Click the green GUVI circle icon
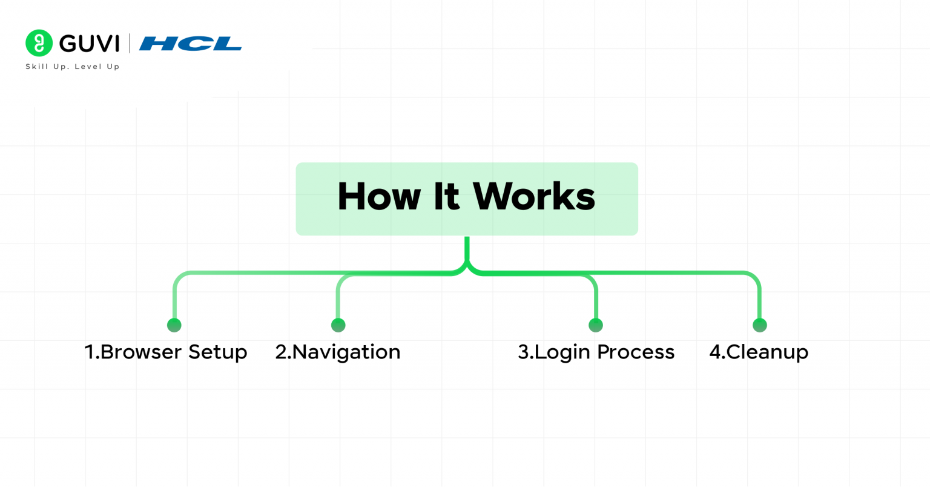click(39, 43)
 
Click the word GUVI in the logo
click(90, 44)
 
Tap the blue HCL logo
click(190, 44)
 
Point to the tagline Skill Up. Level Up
click(73, 67)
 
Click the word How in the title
click(378, 197)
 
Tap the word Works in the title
click(534, 197)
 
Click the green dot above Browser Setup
click(174, 325)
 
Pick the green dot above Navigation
click(338, 325)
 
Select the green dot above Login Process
click(596, 325)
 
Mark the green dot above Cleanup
click(759, 325)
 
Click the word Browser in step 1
click(140, 352)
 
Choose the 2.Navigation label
click(338, 352)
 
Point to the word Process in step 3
click(636, 352)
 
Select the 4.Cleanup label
click(759, 352)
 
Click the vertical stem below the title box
click(467, 248)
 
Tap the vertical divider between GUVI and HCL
click(129, 44)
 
